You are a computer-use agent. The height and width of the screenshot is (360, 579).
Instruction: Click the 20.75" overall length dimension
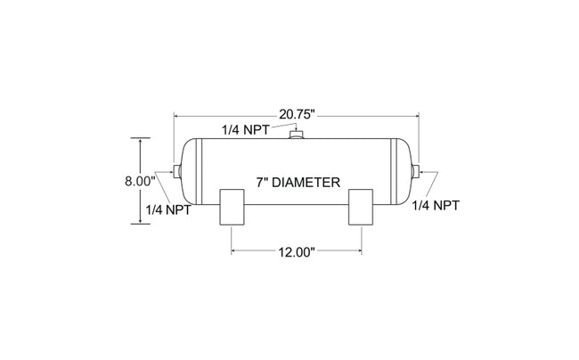pos(297,114)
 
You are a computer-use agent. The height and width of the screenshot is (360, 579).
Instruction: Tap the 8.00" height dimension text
pos(140,181)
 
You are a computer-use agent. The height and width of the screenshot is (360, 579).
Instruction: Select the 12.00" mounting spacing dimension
pos(297,252)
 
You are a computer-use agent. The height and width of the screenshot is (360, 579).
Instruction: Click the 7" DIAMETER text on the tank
pos(298,183)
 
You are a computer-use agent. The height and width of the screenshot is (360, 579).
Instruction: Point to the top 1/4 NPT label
pos(245,130)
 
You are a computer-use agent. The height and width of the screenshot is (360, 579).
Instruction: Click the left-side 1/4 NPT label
pos(168,210)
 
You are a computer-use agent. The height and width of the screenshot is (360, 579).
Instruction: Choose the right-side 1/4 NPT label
pos(436,205)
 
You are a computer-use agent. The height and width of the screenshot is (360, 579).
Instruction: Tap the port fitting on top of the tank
pos(296,134)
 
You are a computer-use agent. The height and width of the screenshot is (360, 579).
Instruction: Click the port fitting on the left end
pos(177,170)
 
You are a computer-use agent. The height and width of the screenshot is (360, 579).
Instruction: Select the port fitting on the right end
pos(415,171)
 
